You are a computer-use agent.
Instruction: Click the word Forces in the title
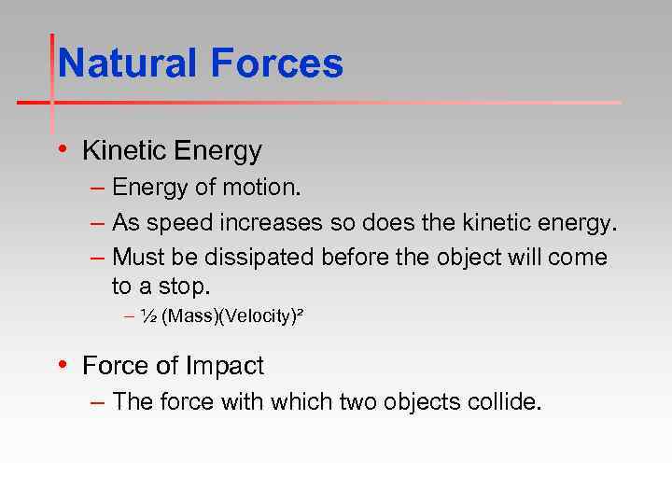pyautogui.click(x=277, y=64)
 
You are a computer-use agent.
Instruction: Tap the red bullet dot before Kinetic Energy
pyautogui.click(x=62, y=149)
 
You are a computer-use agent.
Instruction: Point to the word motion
pyautogui.click(x=261, y=188)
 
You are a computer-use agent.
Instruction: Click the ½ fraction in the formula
pyautogui.click(x=148, y=317)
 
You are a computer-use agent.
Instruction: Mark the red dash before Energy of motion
pyautogui.click(x=99, y=188)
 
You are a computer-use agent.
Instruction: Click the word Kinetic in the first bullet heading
pyautogui.click(x=119, y=150)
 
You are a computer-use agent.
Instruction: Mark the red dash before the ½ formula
pyautogui.click(x=129, y=317)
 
